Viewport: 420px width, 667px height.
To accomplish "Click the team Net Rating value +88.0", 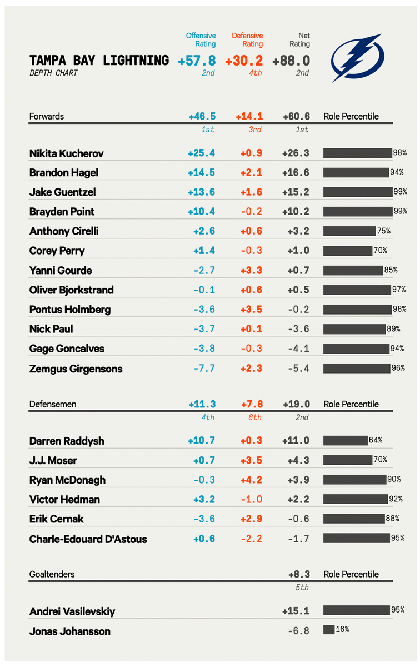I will (291, 61).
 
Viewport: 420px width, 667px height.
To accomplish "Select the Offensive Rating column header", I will (201, 40).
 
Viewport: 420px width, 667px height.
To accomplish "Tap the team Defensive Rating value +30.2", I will (244, 61).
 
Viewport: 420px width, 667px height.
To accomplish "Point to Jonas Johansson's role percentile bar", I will (328, 630).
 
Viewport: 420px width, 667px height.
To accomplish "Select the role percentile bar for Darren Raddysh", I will (345, 440).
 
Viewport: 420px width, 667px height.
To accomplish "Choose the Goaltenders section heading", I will (52, 574).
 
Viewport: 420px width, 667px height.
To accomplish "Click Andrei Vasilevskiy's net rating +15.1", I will (296, 611).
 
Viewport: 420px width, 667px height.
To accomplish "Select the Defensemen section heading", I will (52, 404).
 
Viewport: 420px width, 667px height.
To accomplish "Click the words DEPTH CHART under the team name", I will (53, 73).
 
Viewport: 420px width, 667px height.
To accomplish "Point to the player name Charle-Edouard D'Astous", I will (88, 539).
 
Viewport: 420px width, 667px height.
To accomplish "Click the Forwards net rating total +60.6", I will (296, 116).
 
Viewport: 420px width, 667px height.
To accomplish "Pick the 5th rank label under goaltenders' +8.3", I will (301, 587).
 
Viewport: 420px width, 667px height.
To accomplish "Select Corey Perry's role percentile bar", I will (347, 251).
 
